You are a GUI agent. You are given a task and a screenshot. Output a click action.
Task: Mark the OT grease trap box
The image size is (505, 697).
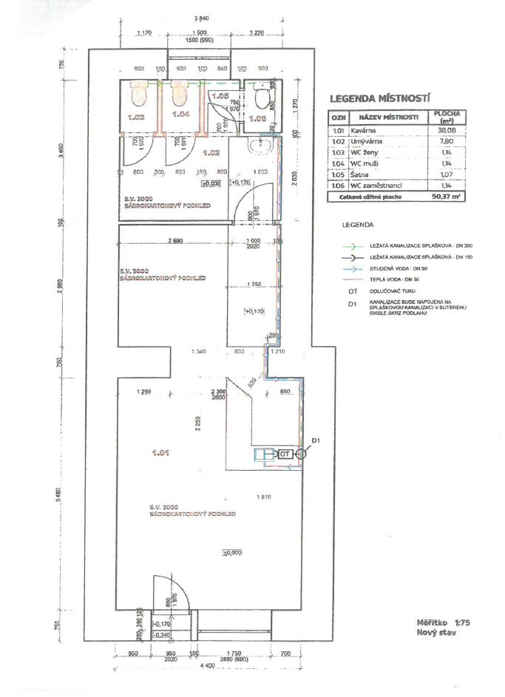click(285, 454)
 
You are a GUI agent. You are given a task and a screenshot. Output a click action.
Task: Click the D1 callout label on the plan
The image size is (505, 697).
click(316, 441)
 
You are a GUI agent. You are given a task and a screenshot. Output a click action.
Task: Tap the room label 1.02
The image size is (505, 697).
click(211, 153)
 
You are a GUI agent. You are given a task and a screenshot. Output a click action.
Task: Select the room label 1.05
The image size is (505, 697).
click(220, 96)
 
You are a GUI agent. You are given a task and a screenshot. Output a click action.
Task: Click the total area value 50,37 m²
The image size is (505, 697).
click(445, 197)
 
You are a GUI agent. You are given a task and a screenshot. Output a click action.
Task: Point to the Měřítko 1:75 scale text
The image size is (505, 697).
click(444, 622)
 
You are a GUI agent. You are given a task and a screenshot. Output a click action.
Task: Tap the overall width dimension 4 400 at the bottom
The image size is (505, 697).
click(205, 667)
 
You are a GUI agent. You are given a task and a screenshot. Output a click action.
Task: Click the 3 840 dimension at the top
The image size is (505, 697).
click(200, 18)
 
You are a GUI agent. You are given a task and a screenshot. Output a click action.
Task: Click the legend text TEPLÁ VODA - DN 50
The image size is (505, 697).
click(399, 280)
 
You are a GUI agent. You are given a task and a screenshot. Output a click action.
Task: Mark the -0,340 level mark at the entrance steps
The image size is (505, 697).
click(161, 634)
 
